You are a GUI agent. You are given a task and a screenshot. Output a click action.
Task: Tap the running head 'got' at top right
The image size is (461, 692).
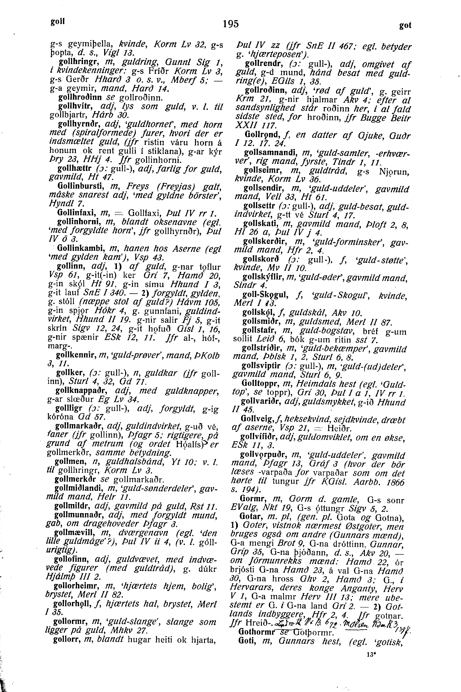[x=405, y=26]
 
